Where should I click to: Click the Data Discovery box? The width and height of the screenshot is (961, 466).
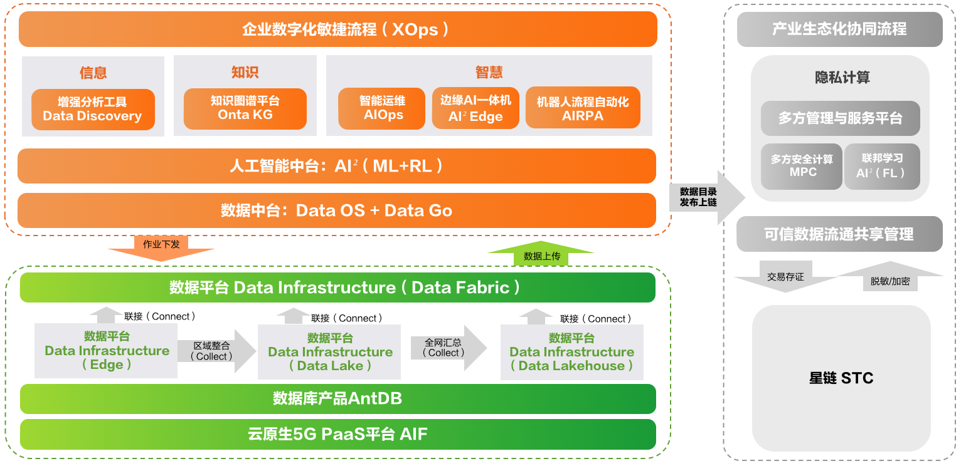(x=92, y=110)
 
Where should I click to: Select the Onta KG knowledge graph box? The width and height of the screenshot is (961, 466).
(x=245, y=108)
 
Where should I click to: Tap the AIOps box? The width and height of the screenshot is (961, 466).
(x=381, y=108)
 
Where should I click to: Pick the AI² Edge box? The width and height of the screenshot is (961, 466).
(x=475, y=108)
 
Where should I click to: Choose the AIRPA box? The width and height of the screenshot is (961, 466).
(x=583, y=108)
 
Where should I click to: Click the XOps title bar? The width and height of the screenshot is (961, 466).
(x=337, y=29)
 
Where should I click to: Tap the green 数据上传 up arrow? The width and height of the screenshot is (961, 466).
(x=541, y=253)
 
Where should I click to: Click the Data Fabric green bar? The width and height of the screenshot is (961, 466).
(x=337, y=287)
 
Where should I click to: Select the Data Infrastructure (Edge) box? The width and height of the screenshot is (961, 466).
(x=106, y=351)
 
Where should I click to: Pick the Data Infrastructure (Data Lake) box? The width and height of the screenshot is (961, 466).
(x=329, y=352)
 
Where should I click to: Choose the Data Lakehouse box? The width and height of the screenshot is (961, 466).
(x=571, y=352)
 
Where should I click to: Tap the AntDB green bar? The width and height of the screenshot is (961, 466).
(x=337, y=398)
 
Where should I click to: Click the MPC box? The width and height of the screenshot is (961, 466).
(x=802, y=166)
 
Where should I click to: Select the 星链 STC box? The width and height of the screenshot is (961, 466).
(x=841, y=378)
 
